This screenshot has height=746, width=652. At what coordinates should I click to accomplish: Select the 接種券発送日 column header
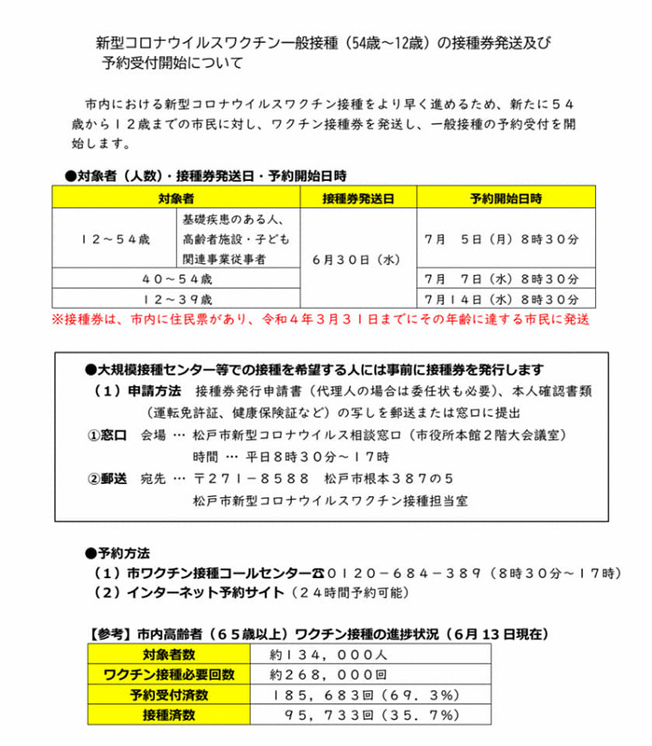click(x=357, y=199)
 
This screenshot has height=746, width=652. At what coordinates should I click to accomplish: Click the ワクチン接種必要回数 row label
click(x=169, y=675)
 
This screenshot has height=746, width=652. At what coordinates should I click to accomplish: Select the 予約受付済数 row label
click(x=169, y=696)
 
